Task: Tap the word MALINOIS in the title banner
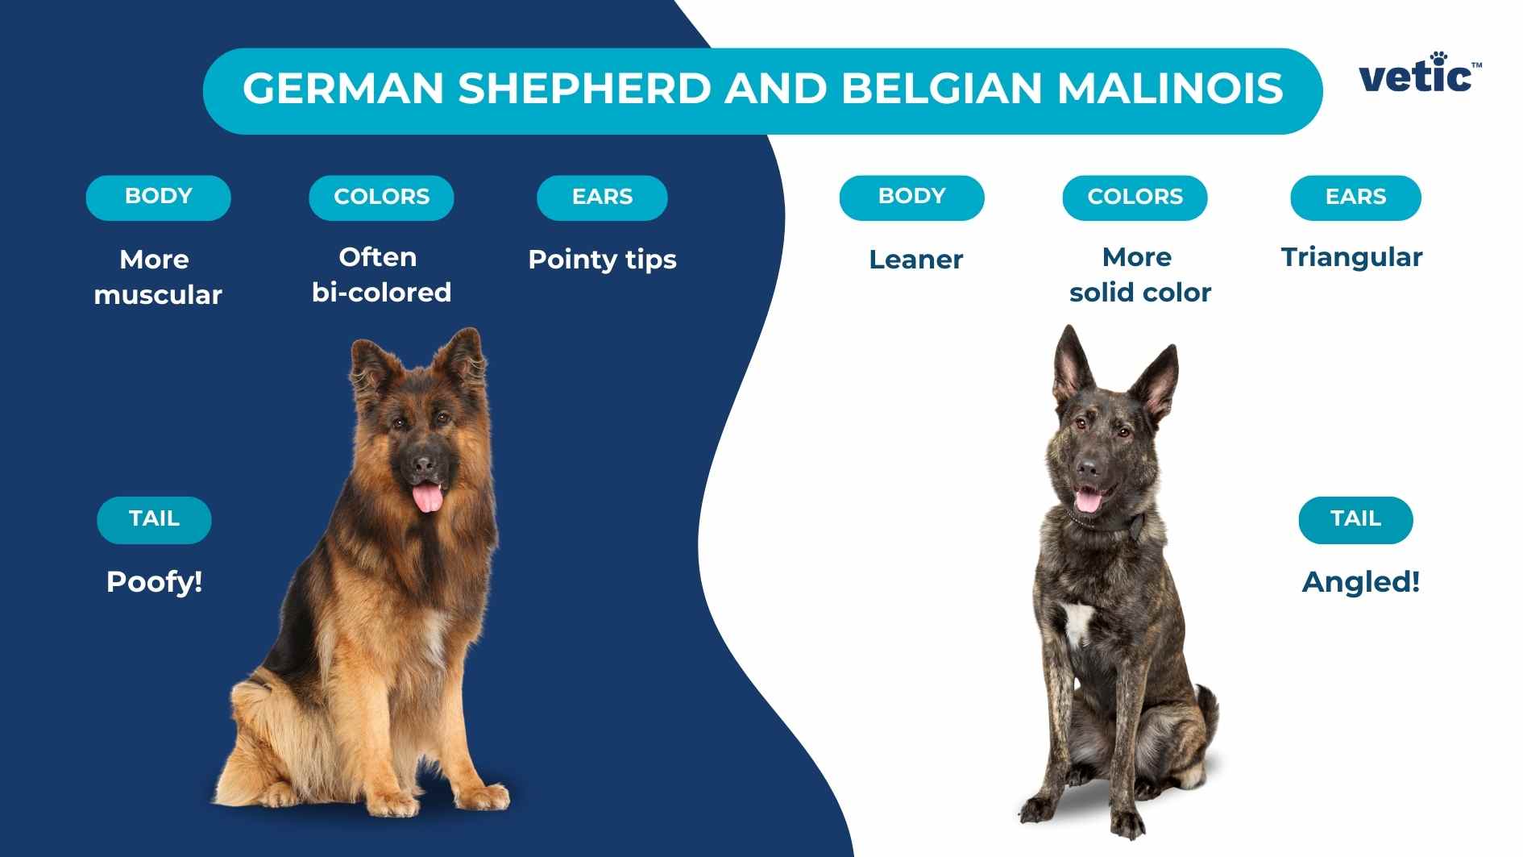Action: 1170,88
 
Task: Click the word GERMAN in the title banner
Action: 343,88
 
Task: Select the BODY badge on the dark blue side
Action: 158,198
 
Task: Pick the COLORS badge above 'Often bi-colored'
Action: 381,198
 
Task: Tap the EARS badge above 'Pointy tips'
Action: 602,198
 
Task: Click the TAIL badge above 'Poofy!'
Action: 154,520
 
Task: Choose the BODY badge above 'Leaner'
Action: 911,198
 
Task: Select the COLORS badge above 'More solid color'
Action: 1135,198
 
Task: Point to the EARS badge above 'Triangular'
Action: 1355,198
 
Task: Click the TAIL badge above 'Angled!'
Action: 1355,520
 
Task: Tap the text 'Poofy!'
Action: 154,581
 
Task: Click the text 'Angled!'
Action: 1361,581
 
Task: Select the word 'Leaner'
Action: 915,260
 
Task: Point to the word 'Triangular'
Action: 1351,257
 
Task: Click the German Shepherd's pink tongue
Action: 427,497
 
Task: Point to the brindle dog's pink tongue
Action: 1088,501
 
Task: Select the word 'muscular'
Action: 158,295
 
